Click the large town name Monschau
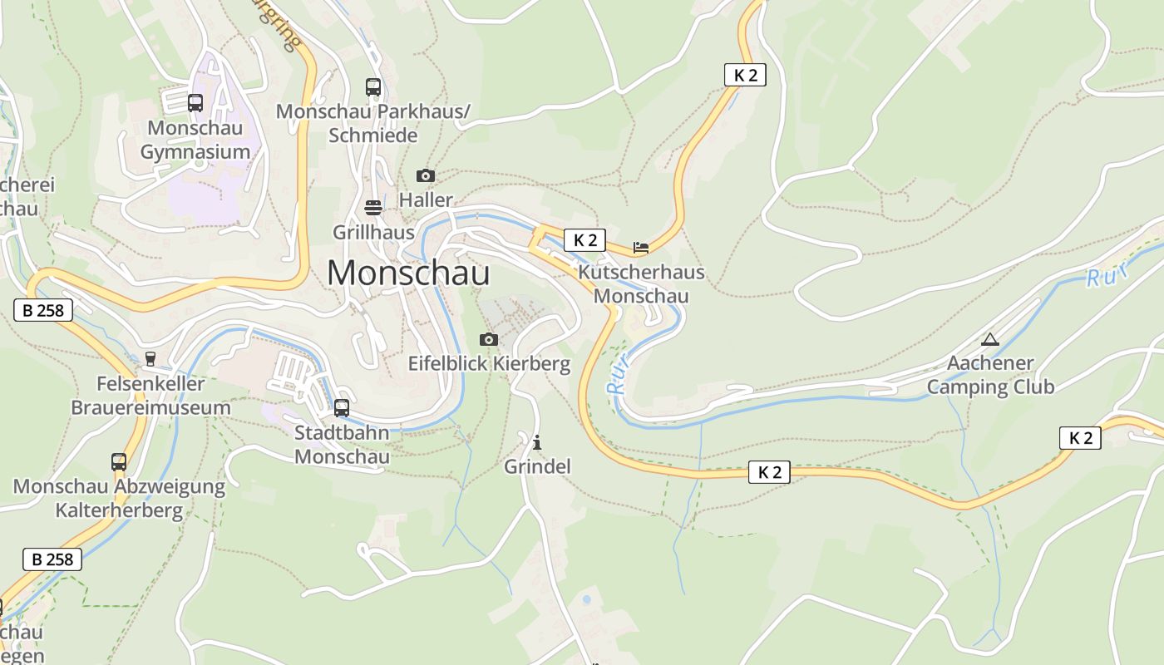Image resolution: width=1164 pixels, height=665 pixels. (x=408, y=273)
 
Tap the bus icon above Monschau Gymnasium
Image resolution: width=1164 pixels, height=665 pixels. (x=195, y=103)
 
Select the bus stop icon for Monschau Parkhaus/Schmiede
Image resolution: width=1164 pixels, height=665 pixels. (x=373, y=86)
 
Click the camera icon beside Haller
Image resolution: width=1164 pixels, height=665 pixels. (x=425, y=175)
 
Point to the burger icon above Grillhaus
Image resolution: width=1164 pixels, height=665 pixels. (x=373, y=207)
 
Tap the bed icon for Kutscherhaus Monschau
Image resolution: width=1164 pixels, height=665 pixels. (x=640, y=247)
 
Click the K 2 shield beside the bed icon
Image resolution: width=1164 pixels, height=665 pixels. (x=585, y=241)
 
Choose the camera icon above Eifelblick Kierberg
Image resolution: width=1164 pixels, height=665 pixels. (x=489, y=339)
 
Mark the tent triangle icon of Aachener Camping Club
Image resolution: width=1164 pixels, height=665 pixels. (x=989, y=339)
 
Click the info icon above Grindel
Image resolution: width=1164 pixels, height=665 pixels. (x=537, y=442)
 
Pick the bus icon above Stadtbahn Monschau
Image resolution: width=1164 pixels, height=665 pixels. (x=342, y=408)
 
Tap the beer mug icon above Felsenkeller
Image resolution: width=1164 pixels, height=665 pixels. (x=150, y=359)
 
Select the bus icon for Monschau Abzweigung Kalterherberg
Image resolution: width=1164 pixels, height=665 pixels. (x=119, y=462)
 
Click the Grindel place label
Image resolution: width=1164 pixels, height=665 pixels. (x=537, y=467)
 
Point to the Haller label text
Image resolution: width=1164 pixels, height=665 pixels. (x=426, y=200)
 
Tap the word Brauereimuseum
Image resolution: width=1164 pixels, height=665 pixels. (x=150, y=408)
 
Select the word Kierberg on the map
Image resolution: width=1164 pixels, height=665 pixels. (x=531, y=364)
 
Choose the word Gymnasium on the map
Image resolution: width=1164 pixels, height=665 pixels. (x=195, y=152)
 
